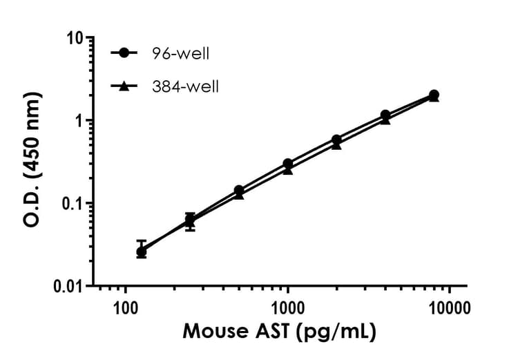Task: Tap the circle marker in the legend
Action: pos(124,53)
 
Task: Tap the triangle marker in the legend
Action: pos(124,86)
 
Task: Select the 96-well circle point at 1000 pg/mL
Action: pos(287,164)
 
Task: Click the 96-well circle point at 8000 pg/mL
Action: pos(434,95)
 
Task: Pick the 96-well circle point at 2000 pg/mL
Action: pos(336,140)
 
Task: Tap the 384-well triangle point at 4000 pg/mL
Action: pos(385,120)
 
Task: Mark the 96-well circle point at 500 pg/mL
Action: pos(239,190)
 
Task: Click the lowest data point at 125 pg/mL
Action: pos(142,252)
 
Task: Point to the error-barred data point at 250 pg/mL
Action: pos(190,220)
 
